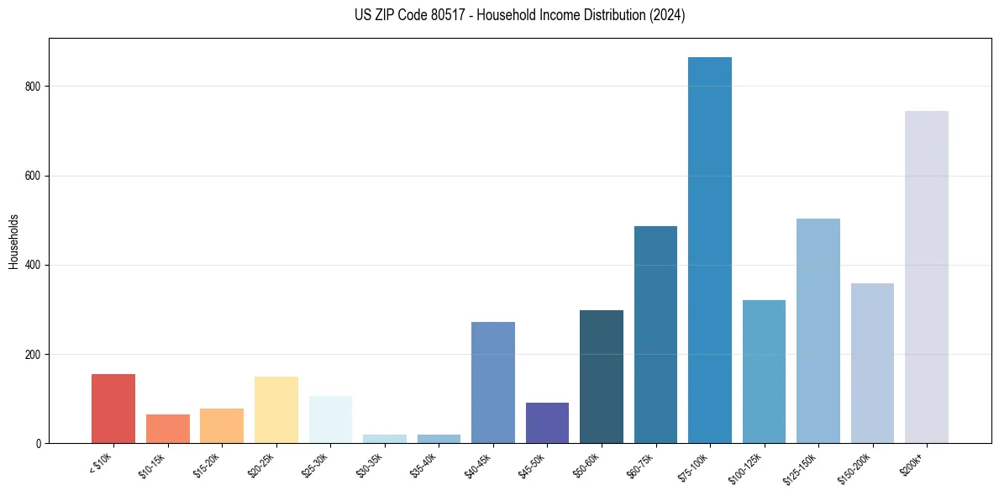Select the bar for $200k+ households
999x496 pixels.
[x=927, y=277]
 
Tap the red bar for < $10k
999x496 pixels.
[x=113, y=409]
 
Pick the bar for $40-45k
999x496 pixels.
[x=493, y=383]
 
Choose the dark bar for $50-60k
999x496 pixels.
[x=602, y=377]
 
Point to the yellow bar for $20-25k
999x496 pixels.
[x=276, y=410]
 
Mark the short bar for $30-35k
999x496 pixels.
[x=385, y=439]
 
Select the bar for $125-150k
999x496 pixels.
[x=818, y=331]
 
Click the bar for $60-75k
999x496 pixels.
[x=655, y=335]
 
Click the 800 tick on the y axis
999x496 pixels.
[x=34, y=87]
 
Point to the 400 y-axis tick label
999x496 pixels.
[x=34, y=265]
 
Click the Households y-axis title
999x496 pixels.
[x=13, y=241]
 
